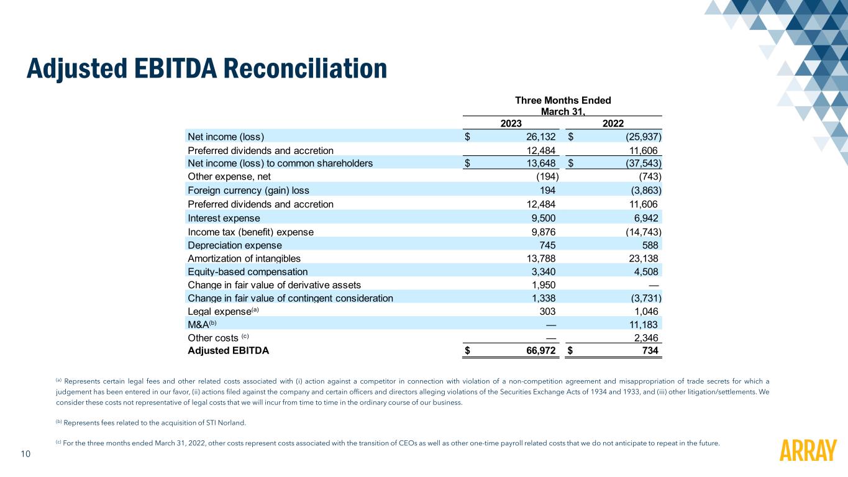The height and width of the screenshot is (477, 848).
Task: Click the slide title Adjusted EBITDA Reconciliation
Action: [206, 68]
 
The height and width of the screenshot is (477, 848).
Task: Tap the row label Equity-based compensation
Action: [247, 271]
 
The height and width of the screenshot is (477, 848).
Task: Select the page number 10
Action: [26, 454]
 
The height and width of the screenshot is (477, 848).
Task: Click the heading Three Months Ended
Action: [562, 101]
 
